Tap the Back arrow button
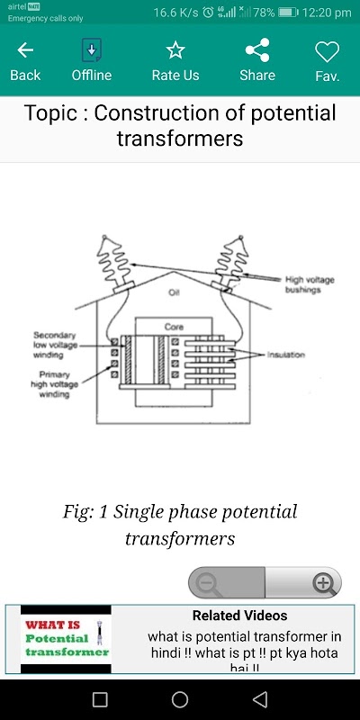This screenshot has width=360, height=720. [x=25, y=50]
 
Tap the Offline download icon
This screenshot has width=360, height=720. [x=92, y=50]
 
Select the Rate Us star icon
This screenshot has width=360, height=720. [x=175, y=50]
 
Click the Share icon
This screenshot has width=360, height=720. [x=257, y=50]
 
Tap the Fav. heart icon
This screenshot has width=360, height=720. [x=327, y=51]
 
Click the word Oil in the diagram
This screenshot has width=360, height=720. [x=174, y=293]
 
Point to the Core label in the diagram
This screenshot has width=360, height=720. [x=174, y=327]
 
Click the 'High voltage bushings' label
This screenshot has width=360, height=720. [x=310, y=284]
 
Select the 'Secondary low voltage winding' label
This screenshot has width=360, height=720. [x=55, y=346]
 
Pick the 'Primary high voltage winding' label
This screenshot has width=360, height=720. [x=55, y=384]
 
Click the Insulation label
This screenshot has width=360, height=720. [x=286, y=355]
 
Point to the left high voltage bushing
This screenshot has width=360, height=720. [x=116, y=264]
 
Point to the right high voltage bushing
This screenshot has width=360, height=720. [x=229, y=263]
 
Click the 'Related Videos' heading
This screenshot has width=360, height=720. [x=239, y=616]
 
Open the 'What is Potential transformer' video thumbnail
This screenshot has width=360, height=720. [x=66, y=639]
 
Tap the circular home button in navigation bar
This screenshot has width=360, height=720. [x=180, y=699]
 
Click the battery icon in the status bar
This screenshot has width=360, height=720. [x=288, y=13]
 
